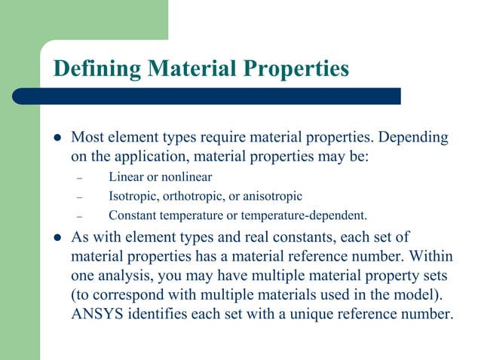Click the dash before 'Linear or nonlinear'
point(78,178)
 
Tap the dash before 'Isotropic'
point(78,197)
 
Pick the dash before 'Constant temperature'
point(78,217)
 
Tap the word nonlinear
point(187,178)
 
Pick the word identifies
point(155,315)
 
